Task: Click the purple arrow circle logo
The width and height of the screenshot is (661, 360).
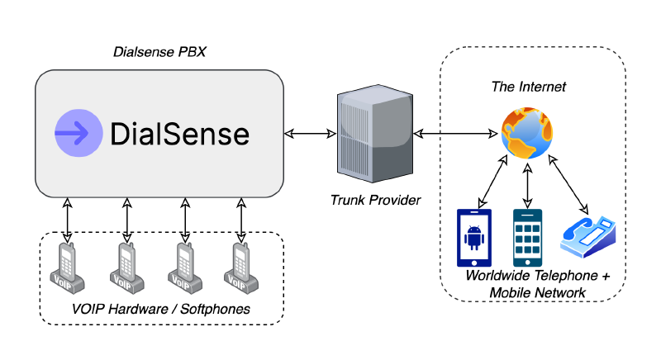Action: pyautogui.click(x=78, y=133)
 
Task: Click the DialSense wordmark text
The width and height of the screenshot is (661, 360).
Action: pyautogui.click(x=179, y=134)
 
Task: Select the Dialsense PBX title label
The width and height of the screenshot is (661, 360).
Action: pyautogui.click(x=159, y=52)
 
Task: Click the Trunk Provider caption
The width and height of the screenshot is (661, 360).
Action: pyautogui.click(x=375, y=200)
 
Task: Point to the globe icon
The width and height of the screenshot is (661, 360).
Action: pyautogui.click(x=528, y=135)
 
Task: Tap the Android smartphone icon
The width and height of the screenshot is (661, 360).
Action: pyautogui.click(x=474, y=238)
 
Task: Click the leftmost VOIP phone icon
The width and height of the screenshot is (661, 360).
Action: pyautogui.click(x=68, y=268)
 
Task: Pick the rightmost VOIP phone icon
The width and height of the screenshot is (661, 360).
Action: pyautogui.click(x=240, y=268)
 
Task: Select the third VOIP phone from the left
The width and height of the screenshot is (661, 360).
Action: pyautogui.click(x=183, y=268)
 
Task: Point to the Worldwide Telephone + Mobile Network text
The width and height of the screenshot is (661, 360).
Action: pyautogui.click(x=537, y=283)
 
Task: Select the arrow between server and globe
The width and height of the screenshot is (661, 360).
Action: pyautogui.click(x=456, y=133)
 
